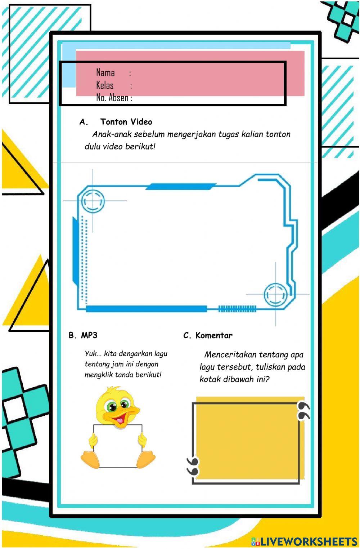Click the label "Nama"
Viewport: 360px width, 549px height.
[x=105, y=73]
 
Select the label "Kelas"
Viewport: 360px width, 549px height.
[x=105, y=85]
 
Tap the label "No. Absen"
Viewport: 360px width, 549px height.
[x=112, y=98]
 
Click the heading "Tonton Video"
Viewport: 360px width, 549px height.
[x=126, y=122]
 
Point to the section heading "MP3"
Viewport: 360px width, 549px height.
[x=89, y=335]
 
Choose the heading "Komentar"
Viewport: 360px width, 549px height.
[x=213, y=335]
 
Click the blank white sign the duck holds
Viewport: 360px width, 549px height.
[x=117, y=447]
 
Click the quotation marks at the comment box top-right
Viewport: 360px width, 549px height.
[x=303, y=411]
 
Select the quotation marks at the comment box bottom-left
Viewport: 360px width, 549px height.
[x=193, y=467]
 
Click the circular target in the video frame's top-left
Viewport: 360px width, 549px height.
[x=93, y=201]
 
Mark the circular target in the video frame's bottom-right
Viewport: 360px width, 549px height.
[x=276, y=294]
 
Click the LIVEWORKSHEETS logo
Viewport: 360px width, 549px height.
[x=304, y=541]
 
